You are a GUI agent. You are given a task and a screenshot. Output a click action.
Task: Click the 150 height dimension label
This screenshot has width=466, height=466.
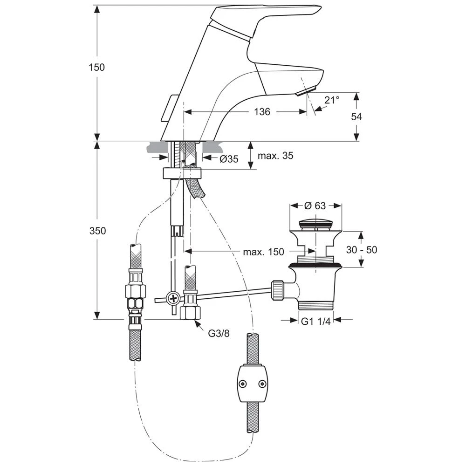97,68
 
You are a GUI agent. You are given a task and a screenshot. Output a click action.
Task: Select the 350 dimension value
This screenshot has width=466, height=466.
97,231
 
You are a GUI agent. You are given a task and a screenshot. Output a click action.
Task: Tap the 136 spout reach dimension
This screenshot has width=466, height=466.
262,112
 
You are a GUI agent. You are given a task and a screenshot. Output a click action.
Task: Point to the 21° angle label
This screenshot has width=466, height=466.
332,100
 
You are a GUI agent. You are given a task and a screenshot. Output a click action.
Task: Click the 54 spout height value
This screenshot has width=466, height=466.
356,117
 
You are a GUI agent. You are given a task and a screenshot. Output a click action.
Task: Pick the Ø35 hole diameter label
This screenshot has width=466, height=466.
229,159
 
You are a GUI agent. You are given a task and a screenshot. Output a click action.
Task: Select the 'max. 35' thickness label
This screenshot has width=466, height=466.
275,156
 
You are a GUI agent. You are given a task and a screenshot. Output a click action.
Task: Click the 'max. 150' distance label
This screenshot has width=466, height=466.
264,252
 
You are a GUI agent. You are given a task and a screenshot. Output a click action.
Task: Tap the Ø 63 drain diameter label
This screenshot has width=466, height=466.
315,206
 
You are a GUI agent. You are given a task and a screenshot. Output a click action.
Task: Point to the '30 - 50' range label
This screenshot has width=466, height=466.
362,250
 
